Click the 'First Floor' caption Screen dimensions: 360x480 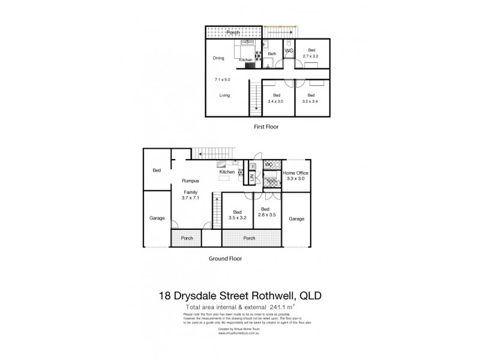point(265,127)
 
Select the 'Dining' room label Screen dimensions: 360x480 point(219,58)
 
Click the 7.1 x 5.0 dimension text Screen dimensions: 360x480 point(223,79)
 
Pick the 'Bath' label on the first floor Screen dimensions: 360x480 point(272,54)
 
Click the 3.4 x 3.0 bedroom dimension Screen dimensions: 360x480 point(276,101)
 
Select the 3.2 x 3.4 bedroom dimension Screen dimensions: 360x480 point(311,101)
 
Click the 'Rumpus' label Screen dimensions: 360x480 point(191,180)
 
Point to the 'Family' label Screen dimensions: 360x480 point(191,191)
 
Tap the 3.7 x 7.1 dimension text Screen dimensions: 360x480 point(191,197)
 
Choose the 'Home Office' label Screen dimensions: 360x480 point(297,173)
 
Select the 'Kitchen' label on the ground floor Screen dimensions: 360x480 point(227,172)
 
